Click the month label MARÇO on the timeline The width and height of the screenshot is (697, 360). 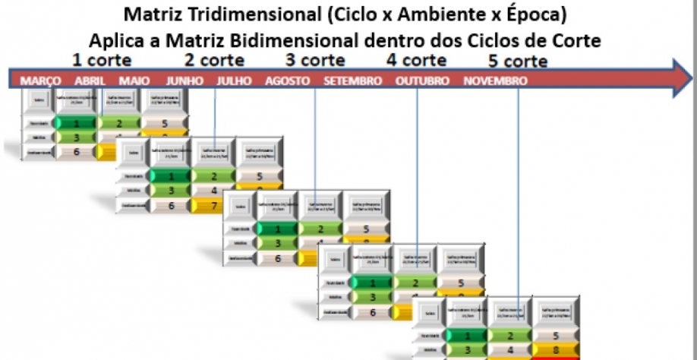click(x=41, y=81)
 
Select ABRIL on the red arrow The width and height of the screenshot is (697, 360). click(x=90, y=81)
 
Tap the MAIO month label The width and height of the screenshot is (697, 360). click(x=135, y=81)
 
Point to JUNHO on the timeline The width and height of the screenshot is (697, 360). click(x=184, y=81)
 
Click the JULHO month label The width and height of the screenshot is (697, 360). click(x=234, y=81)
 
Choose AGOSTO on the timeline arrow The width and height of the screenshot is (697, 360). click(x=287, y=81)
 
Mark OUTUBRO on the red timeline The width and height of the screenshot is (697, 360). click(x=422, y=81)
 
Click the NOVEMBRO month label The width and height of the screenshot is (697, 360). click(x=496, y=81)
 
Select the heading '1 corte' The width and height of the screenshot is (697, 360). click(x=102, y=59)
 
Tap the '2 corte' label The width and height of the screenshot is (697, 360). click(x=216, y=59)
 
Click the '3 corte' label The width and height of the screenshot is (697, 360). click(x=315, y=59)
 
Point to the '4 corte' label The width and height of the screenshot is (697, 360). click(x=416, y=59)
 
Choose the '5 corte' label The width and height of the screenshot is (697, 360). click(x=519, y=61)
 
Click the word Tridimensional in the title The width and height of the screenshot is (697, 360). click(x=247, y=14)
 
